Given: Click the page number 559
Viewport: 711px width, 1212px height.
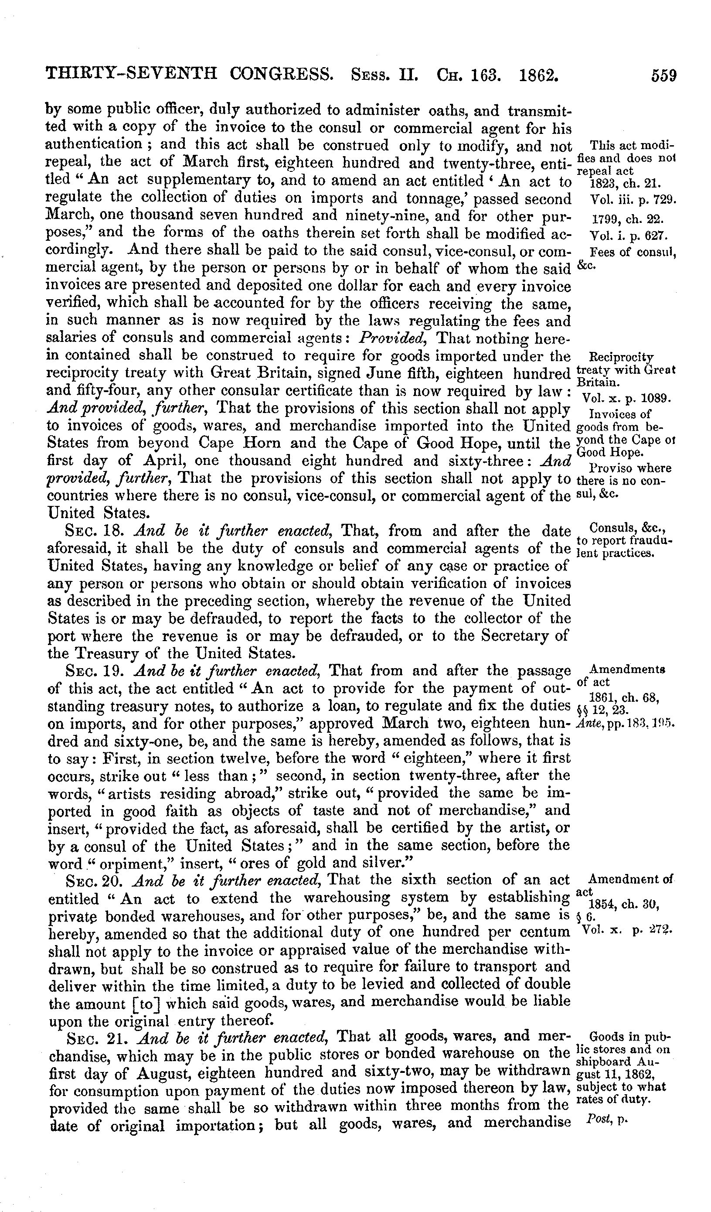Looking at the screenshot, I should [664, 76].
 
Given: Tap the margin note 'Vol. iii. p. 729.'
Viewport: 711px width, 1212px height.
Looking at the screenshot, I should [632, 199].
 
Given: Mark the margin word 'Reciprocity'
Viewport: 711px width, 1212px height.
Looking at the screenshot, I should [621, 357].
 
